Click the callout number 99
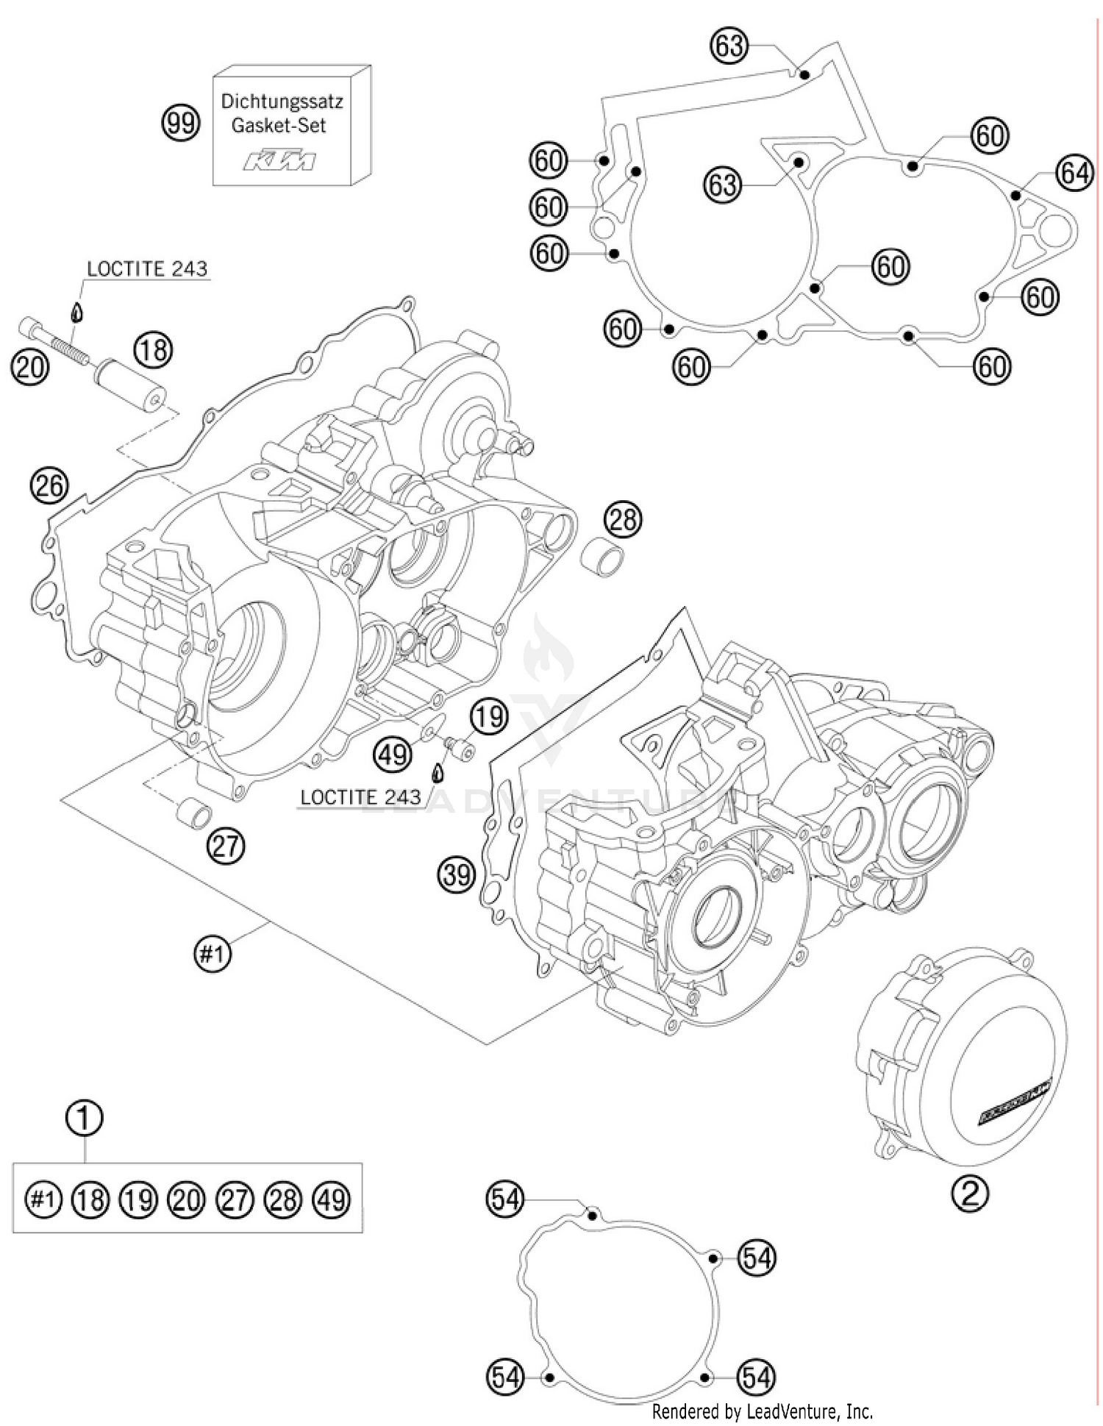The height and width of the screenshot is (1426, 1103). [x=180, y=122]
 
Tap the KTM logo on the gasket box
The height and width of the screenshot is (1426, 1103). [x=279, y=161]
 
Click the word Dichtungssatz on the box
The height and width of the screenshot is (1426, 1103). [x=282, y=101]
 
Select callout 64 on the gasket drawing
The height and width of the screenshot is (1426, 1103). [x=1074, y=174]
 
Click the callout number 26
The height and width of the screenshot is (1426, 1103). [x=49, y=486]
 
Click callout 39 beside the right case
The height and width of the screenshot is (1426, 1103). [x=457, y=875]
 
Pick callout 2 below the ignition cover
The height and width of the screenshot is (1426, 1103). [x=970, y=1194]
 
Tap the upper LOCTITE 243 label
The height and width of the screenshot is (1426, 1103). [x=147, y=269]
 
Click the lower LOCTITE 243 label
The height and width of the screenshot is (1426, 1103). [x=360, y=797]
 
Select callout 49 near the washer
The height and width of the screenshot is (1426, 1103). [x=393, y=753]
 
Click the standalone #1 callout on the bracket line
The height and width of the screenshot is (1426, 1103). [x=212, y=955]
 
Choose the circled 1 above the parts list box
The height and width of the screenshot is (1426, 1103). [x=85, y=1118]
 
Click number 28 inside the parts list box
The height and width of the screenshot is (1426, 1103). [x=283, y=1199]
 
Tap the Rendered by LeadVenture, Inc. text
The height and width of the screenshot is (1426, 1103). [x=763, y=1411]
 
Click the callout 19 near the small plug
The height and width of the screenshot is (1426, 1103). [x=489, y=716]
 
